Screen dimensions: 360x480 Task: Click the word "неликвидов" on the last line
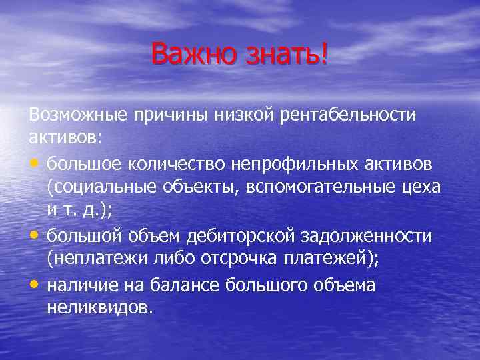(x=98, y=308)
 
